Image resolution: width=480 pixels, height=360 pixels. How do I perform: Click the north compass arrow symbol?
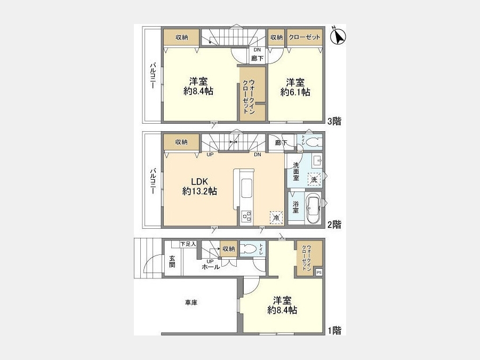coord(338,36)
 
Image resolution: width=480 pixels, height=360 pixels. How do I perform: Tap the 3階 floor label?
coord(334,121)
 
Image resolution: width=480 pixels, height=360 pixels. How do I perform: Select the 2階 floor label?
coord(334,225)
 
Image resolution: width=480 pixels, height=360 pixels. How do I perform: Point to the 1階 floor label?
coord(334,331)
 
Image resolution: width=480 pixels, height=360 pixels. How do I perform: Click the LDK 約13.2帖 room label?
coord(199,186)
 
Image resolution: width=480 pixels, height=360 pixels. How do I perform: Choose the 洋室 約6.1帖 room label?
coord(295,87)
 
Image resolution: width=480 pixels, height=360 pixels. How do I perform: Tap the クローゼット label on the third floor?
coord(305,37)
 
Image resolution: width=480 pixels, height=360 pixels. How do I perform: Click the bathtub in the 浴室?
coord(313,209)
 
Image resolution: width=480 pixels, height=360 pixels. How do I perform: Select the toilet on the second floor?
coord(314,142)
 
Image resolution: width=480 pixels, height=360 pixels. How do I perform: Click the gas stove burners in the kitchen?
coord(246,217)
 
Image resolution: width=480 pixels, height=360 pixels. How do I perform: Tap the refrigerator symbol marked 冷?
coord(276,218)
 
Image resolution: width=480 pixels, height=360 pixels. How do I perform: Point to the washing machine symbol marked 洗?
coord(314,180)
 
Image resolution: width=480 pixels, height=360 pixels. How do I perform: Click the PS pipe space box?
coord(319,272)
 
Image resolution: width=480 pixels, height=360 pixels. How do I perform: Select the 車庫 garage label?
coord(191,302)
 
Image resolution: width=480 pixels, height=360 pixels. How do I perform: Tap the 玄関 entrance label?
coord(172,261)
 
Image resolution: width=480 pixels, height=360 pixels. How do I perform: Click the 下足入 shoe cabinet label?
coord(188,244)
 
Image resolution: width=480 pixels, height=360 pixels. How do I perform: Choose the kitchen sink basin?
coord(246,188)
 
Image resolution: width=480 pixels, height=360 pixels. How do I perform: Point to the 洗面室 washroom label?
coord(296,171)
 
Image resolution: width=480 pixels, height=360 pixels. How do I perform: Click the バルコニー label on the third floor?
coord(153,76)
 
